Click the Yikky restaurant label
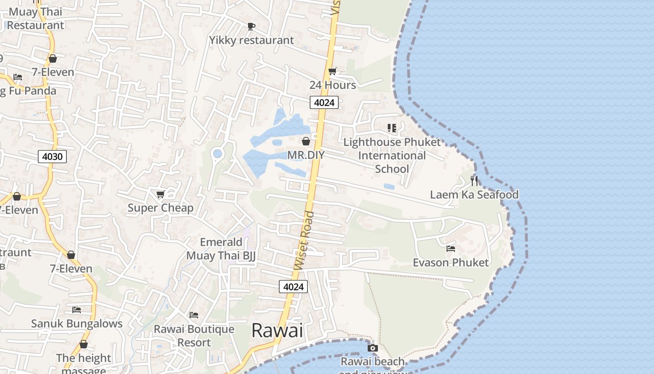point(251,40)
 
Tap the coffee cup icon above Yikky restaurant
point(251,27)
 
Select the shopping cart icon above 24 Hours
point(332,72)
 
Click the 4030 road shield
point(52,157)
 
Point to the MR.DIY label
point(306,155)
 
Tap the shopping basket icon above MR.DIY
point(306,141)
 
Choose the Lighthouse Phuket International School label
point(392,155)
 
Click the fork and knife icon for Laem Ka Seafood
point(474,180)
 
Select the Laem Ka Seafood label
point(474,194)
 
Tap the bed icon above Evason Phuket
point(451,249)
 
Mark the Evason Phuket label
point(451,262)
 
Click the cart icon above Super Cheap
point(160,194)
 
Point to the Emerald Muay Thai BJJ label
point(221,249)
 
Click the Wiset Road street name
point(305,241)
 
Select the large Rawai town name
point(277,331)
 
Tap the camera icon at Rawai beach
point(372,348)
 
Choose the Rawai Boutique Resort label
point(194,336)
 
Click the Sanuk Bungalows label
point(77,324)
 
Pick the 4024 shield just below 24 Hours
point(324,102)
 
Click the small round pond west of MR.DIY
point(217,153)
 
